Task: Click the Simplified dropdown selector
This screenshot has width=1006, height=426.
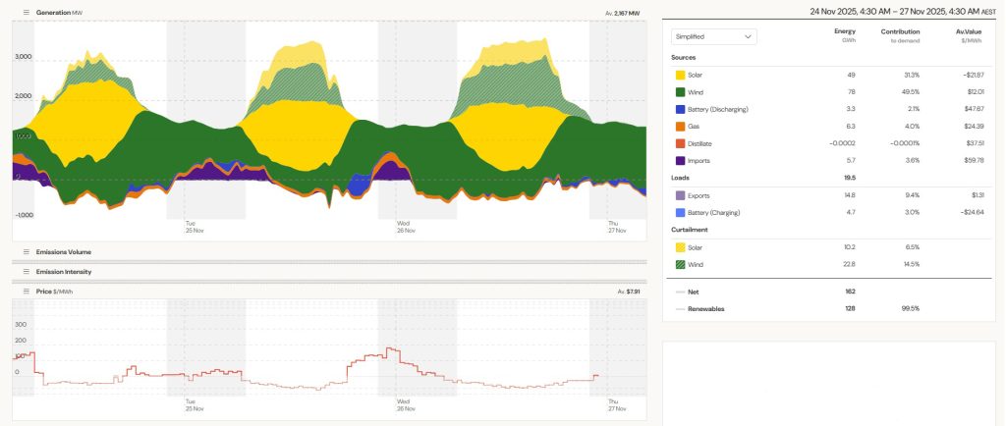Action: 713,36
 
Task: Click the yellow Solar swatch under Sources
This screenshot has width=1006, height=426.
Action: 680,75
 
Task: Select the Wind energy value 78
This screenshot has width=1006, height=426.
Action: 850,91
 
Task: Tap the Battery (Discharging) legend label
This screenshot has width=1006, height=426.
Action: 722,109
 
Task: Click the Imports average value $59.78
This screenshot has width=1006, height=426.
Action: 971,160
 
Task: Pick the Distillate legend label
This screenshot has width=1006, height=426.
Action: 705,143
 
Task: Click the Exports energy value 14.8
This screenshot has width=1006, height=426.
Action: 849,195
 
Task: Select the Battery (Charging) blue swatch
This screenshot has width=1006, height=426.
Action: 680,212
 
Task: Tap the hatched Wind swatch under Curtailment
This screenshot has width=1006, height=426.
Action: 680,264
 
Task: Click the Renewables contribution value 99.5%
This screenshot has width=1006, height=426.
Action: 911,308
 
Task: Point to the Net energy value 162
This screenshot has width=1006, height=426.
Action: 850,292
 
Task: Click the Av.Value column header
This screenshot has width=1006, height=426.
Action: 970,31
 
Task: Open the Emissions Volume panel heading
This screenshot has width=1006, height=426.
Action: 63,252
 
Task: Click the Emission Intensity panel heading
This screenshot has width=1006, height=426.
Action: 63,270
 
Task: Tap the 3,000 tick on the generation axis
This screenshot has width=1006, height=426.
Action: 24,57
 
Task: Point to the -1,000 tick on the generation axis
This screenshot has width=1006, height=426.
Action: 24,214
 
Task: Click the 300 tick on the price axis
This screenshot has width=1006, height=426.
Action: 20,323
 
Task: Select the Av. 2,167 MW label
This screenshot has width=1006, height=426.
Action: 622,13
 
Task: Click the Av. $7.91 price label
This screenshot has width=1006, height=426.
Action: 628,292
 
